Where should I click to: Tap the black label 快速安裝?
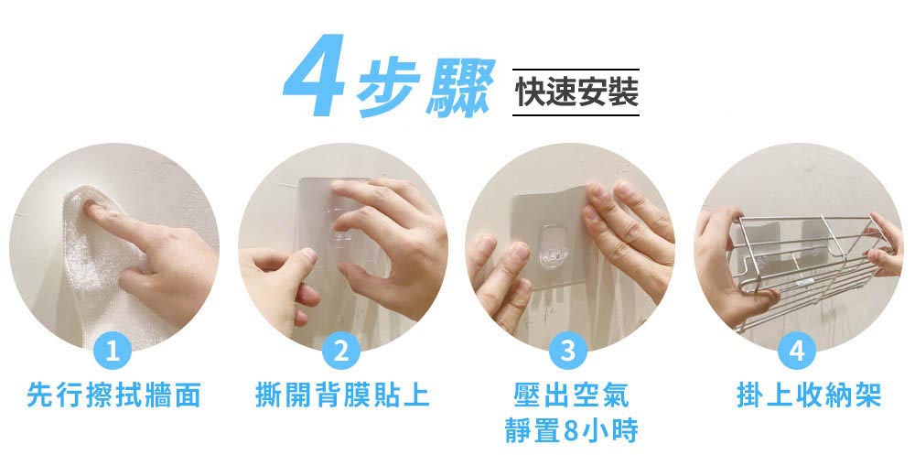tap(576, 92)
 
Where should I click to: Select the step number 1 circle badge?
tap(113, 352)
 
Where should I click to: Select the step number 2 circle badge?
tap(341, 352)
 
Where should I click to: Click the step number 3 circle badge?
tap(570, 352)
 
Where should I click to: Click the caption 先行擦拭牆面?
tap(113, 396)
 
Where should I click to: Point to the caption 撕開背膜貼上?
tap(341, 396)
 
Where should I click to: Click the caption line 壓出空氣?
tap(570, 396)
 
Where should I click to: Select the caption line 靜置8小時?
tap(570, 429)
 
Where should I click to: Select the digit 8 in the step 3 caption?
tap(574, 430)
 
